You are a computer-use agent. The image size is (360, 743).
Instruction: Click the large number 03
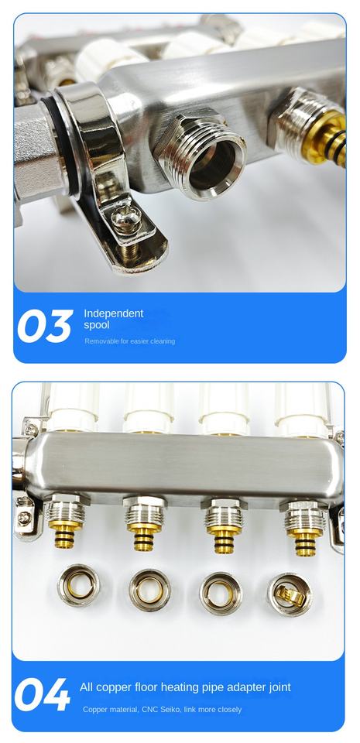(x=45, y=326)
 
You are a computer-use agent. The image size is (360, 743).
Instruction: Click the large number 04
(x=42, y=695)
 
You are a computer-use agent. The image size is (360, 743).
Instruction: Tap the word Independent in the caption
(x=113, y=313)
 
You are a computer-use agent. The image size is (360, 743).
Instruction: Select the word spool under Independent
(x=97, y=326)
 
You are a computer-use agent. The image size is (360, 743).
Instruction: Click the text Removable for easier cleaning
(x=130, y=341)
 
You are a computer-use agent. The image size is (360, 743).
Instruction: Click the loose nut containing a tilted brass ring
(x=290, y=594)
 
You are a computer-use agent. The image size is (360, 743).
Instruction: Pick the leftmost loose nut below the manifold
(x=78, y=585)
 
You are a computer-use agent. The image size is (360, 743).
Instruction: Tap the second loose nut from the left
(x=149, y=590)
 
